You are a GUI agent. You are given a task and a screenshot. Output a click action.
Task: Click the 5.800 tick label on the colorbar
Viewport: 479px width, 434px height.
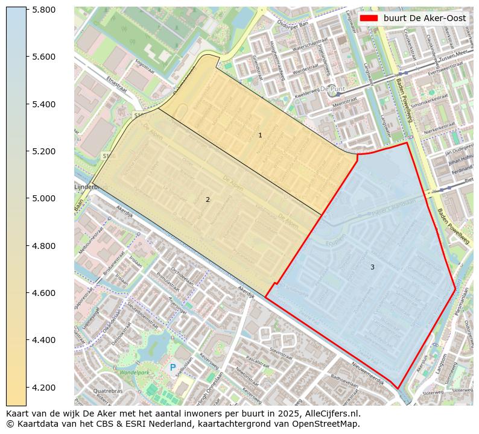tap(43, 10)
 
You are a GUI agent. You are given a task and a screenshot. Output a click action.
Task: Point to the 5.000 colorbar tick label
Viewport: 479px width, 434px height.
tap(43, 198)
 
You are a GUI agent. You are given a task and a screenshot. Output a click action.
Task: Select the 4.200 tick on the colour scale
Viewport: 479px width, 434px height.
tap(43, 387)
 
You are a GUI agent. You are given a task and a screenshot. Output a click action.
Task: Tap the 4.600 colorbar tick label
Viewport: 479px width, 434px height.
tap(43, 293)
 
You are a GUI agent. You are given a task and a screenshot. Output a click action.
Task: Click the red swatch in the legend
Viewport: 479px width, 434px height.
tap(368, 18)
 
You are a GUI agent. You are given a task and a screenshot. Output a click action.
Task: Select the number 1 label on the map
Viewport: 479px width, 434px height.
tap(260, 136)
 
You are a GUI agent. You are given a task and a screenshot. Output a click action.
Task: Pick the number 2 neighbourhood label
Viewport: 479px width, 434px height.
tap(208, 200)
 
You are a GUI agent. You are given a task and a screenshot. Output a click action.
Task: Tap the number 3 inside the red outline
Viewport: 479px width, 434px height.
tap(372, 267)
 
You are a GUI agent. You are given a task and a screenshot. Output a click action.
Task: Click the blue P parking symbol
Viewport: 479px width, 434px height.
tap(173, 367)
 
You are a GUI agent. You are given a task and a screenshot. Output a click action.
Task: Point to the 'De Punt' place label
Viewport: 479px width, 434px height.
tap(332, 89)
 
